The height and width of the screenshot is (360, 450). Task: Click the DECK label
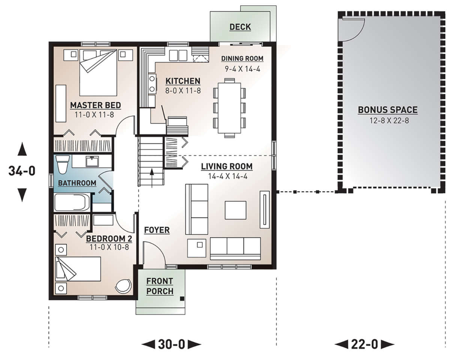[x=240, y=27]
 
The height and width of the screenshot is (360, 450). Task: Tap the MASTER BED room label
[x=96, y=105]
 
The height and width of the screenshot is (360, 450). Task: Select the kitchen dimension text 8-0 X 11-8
[x=183, y=90]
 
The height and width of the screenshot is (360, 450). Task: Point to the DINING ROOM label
[x=242, y=59]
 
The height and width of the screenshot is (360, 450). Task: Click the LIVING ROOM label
[x=227, y=166]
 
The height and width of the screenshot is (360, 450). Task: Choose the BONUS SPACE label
[x=388, y=110]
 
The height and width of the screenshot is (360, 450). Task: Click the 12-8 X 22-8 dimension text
[x=389, y=121]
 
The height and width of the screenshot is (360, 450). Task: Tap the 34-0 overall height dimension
[x=22, y=171]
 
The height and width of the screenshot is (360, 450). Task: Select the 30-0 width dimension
[x=171, y=344]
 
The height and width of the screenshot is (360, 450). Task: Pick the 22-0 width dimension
[x=364, y=344]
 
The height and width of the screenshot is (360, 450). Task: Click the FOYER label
[x=157, y=230]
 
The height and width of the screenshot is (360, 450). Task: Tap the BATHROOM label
[x=77, y=183]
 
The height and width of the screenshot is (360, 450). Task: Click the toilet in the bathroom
[x=63, y=164]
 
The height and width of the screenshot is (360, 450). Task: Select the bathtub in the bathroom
[x=72, y=203]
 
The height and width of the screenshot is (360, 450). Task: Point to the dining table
[x=229, y=108]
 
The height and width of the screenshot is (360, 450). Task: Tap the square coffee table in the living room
[x=235, y=210]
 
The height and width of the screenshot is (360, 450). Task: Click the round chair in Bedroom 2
[x=124, y=286]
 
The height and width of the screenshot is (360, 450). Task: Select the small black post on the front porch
[x=182, y=298]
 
